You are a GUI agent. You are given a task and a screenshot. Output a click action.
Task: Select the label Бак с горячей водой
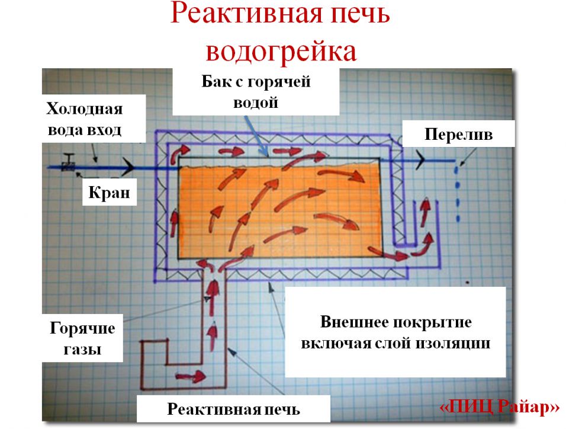[256, 92]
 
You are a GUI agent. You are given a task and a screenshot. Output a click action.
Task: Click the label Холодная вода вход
[85, 119]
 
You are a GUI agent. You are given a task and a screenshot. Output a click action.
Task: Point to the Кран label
[109, 192]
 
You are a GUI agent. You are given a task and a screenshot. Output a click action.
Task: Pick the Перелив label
[458, 134]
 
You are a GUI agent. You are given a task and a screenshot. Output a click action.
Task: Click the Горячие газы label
[82, 338]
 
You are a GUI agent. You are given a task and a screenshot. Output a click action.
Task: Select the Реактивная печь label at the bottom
[233, 409]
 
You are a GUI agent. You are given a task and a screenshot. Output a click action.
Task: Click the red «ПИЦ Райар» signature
[499, 407]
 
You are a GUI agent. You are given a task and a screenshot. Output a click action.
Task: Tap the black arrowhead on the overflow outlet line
[420, 159]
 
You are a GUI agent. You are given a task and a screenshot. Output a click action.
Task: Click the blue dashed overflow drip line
[458, 194]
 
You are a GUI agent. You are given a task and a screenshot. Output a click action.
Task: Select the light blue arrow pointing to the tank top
[256, 136]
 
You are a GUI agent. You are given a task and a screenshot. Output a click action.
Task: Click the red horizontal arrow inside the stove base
[191, 376]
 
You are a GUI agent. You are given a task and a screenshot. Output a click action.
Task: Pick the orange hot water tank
[280, 211]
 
